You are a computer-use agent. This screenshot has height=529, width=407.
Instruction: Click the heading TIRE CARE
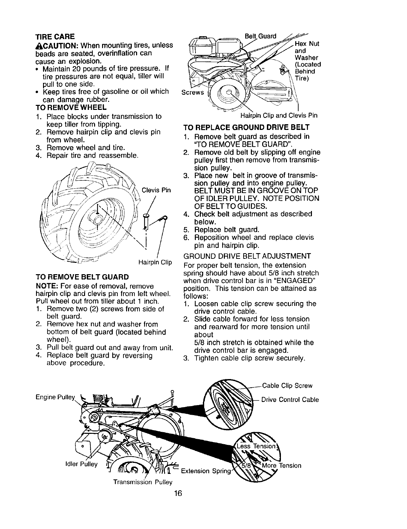pyautogui.click(x=55, y=36)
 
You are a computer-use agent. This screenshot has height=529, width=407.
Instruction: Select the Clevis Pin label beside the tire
pyautogui.click(x=156, y=190)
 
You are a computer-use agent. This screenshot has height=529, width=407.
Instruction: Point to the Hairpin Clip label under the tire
pyautogui.click(x=155, y=262)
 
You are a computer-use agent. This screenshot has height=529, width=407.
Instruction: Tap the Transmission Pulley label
pyautogui.click(x=143, y=482)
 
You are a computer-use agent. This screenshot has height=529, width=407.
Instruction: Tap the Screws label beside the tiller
pyautogui.click(x=192, y=92)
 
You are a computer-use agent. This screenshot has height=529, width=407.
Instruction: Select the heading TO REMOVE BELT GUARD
pyautogui.click(x=82, y=277)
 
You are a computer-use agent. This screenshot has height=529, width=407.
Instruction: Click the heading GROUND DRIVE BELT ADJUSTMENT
pyautogui.click(x=247, y=256)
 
